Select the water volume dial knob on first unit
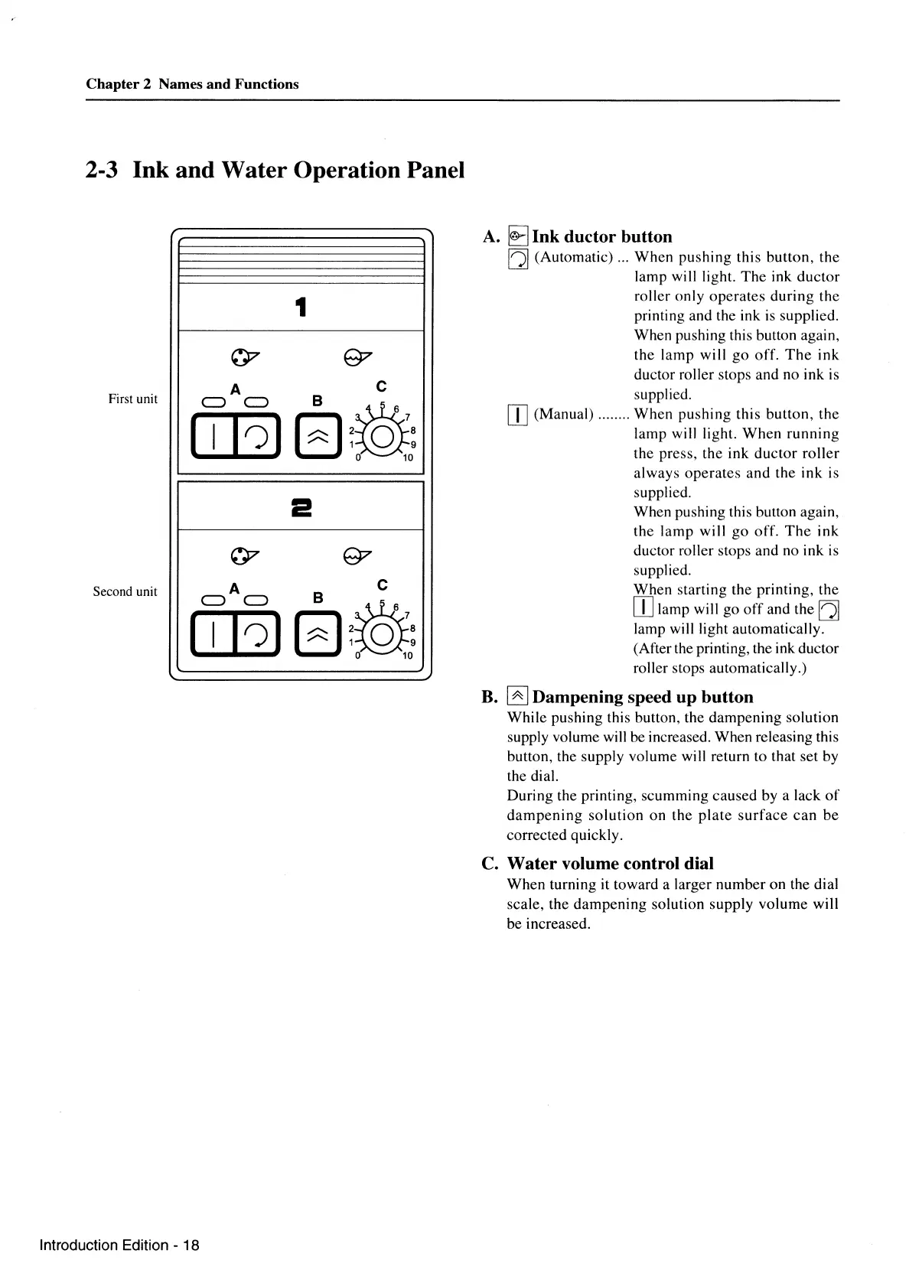coord(383,438)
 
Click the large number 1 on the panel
coord(301,308)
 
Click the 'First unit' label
coord(133,399)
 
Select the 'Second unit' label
coord(125,591)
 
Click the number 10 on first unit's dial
coord(407,458)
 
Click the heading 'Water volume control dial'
coord(610,864)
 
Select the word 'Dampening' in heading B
coord(577,697)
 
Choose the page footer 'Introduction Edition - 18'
coord(119,1245)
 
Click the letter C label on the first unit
coord(381,386)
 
